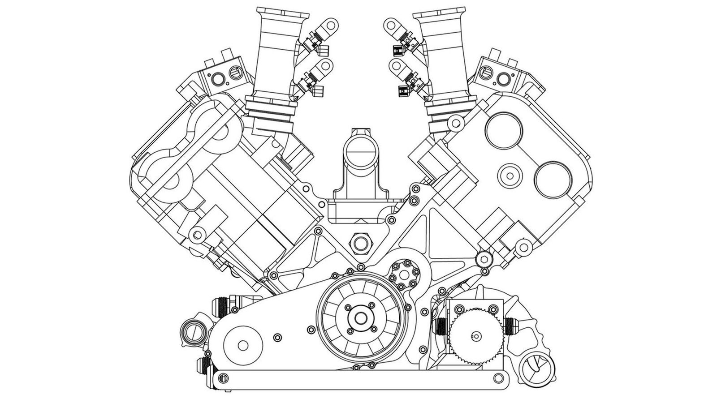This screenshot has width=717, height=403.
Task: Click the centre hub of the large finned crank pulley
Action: [x=360, y=317]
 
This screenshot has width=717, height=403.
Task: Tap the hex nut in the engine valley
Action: [x=360, y=242]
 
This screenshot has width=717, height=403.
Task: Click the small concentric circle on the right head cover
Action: [x=509, y=175]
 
